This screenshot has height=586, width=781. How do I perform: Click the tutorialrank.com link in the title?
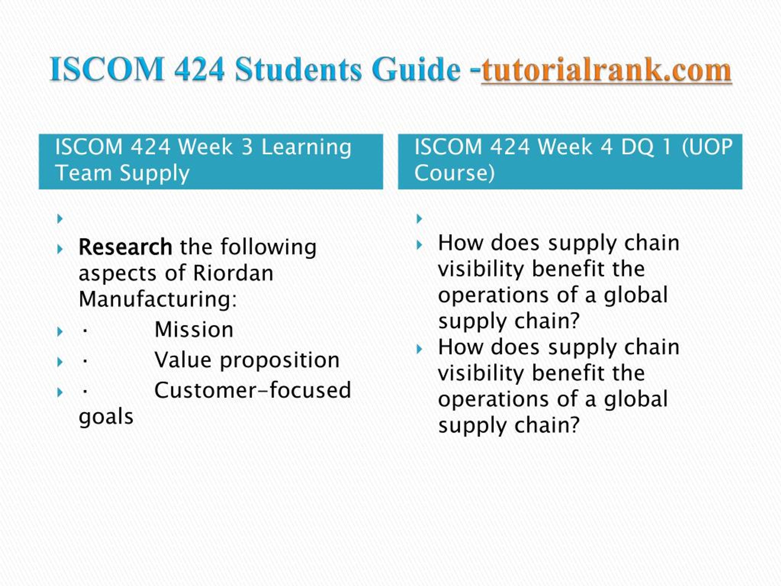pos(606,70)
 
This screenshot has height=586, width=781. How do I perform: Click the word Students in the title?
pos(298,69)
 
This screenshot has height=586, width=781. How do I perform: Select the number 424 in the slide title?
pos(200,69)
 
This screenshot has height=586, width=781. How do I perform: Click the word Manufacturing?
pos(158,299)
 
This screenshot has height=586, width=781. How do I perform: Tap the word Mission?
pos(194,330)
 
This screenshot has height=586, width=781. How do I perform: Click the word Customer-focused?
pos(253,390)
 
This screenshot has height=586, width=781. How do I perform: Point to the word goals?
pos(106,418)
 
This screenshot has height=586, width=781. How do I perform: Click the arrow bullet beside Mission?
pos(60,332)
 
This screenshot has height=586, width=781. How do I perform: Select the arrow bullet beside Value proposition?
pos(60,362)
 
